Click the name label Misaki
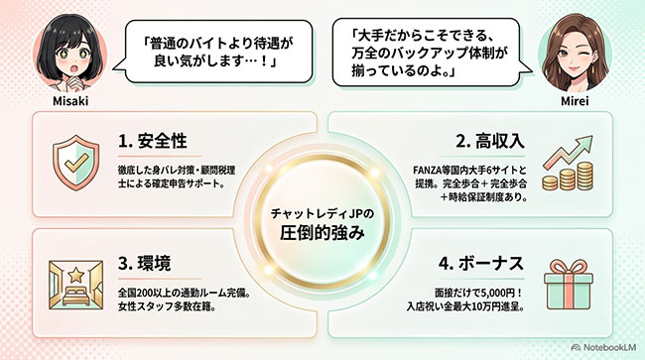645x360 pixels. (70, 101)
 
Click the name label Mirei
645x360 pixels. (575, 101)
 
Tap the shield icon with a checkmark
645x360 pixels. (76, 163)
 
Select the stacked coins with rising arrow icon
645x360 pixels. (568, 164)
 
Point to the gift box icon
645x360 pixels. (569, 285)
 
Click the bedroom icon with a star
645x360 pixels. (75, 285)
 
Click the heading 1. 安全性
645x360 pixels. (153, 141)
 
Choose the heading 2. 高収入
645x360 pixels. (490, 141)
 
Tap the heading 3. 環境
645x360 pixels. (145, 264)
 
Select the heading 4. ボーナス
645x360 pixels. (481, 264)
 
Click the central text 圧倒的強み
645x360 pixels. (322, 233)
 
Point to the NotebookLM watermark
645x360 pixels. (603, 347)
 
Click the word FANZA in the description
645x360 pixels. (427, 171)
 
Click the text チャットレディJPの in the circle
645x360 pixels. (322, 213)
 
